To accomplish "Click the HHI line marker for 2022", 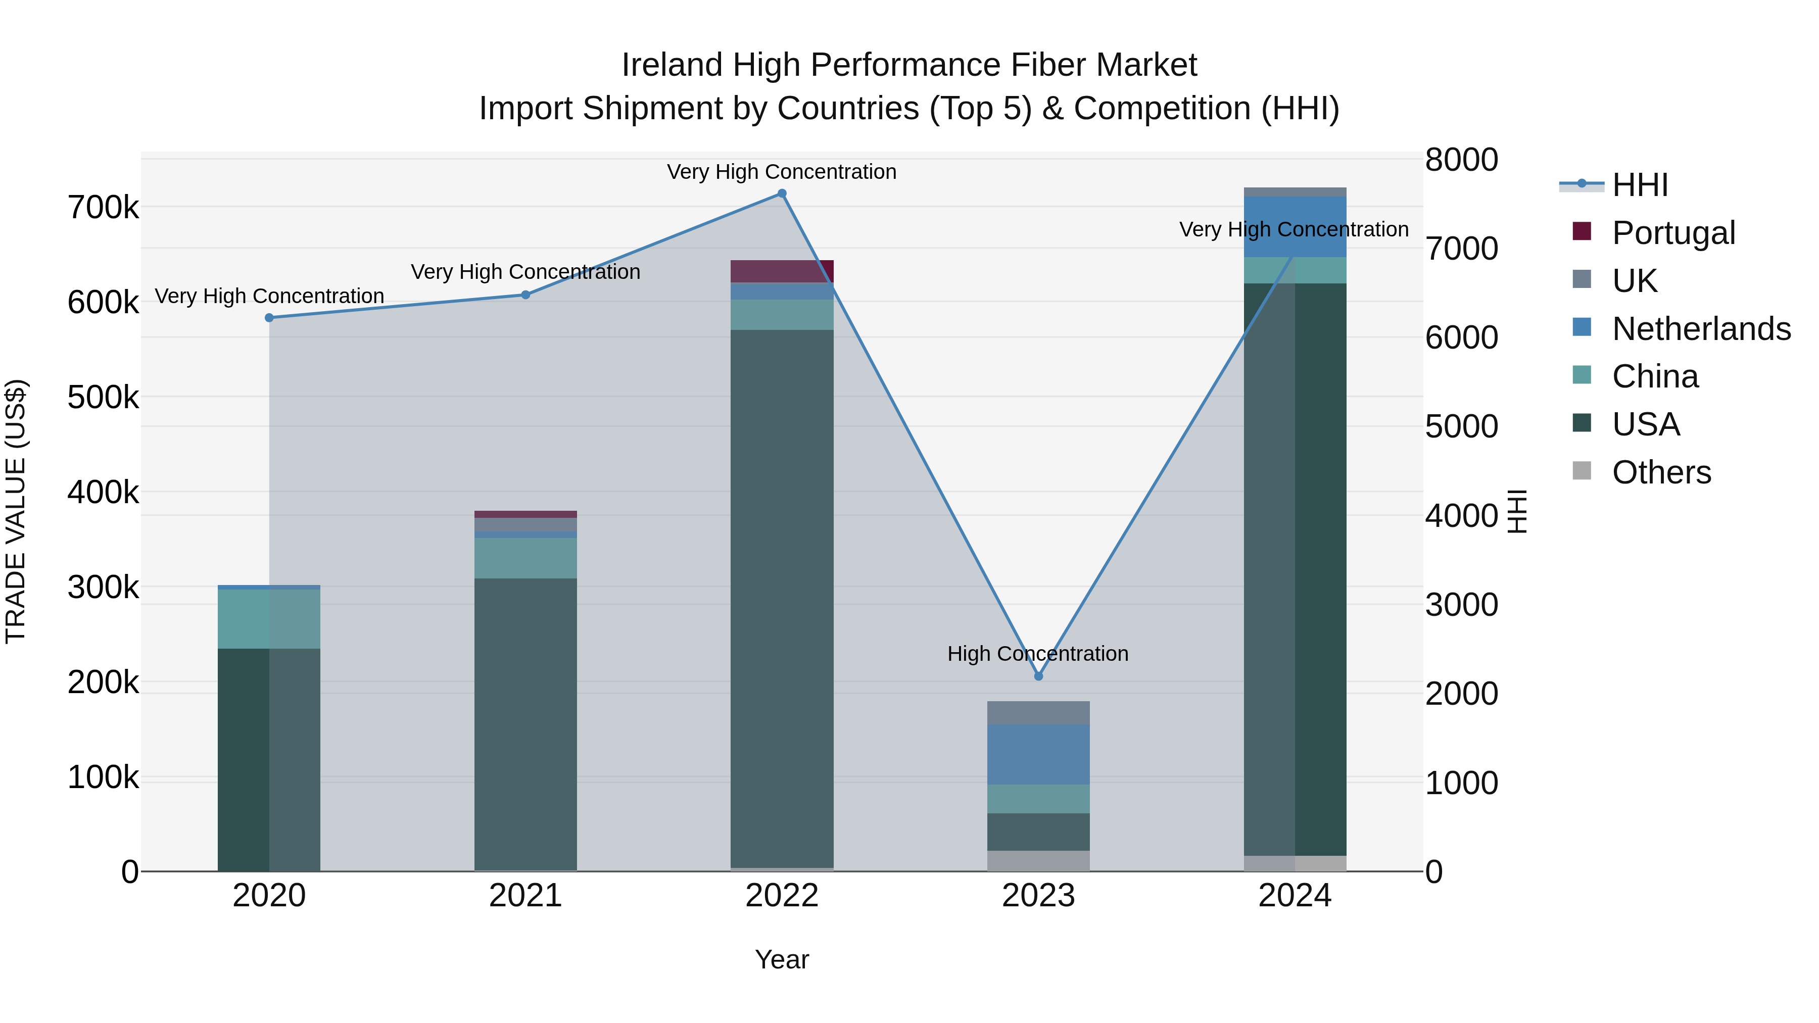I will (782, 193).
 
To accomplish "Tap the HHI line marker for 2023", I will (1038, 676).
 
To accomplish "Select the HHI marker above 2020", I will (269, 318).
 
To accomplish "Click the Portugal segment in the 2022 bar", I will (782, 271).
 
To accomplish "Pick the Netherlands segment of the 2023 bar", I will (1038, 754).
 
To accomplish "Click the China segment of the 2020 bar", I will (269, 618).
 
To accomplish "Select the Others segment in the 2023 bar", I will (1038, 861).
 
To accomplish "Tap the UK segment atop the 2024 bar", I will (1295, 192).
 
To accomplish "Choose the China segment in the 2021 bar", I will (525, 558).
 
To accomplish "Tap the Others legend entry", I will (1661, 472).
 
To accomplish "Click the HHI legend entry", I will (1640, 185).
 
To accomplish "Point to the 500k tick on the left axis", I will (103, 398).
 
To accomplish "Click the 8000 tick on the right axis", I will (1461, 160).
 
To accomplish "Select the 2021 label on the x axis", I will (525, 896).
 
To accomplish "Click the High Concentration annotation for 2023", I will (1037, 654).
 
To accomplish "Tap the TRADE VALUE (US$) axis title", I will (16, 511).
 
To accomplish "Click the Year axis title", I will (782, 959).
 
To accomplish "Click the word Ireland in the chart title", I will (672, 65).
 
